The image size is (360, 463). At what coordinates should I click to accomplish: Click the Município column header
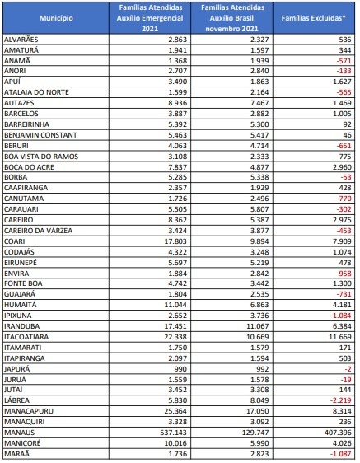(x=56, y=18)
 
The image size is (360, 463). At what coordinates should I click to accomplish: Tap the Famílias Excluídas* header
(x=313, y=18)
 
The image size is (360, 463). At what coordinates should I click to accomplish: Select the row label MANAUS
(x=20, y=433)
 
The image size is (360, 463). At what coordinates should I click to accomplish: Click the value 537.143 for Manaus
(x=173, y=433)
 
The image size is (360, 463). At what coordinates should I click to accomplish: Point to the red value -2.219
(x=340, y=400)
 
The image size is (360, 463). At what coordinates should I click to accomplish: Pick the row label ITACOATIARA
(x=26, y=337)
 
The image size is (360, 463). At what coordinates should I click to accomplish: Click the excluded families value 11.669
(x=340, y=337)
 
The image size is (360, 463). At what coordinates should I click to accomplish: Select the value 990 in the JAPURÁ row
(x=180, y=369)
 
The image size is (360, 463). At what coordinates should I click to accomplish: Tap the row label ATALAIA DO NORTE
(x=36, y=92)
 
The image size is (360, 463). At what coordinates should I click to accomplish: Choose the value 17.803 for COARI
(x=175, y=241)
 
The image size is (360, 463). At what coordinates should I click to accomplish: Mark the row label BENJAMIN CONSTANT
(x=40, y=135)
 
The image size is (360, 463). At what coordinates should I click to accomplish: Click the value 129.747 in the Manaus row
(x=255, y=433)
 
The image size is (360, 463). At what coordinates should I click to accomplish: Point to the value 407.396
(x=338, y=433)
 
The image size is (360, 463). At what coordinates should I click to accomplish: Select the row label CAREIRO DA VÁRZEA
(x=39, y=231)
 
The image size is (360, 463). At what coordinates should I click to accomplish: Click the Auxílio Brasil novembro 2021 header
(x=231, y=18)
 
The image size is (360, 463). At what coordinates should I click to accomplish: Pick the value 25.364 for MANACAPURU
(x=175, y=411)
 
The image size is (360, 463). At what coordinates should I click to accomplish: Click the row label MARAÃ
(x=16, y=454)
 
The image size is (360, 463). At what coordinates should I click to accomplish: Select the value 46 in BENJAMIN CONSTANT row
(x=348, y=135)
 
